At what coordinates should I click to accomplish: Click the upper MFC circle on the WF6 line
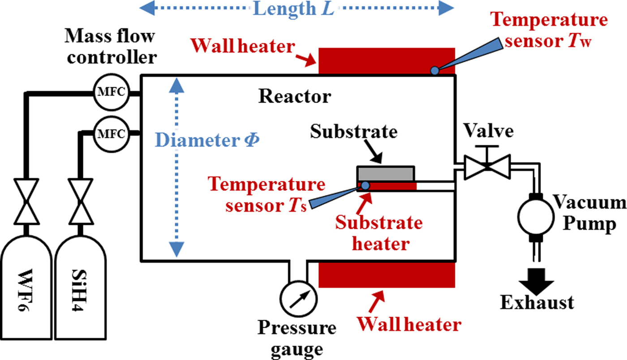(110, 93)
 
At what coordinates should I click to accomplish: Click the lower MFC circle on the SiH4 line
(110, 133)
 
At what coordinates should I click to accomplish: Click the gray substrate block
(385, 174)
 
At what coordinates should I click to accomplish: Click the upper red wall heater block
(386, 60)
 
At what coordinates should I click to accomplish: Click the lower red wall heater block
(386, 274)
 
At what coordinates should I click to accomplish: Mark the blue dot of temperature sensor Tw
(434, 70)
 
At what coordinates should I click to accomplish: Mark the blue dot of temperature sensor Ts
(365, 185)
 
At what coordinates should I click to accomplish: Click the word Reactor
(295, 96)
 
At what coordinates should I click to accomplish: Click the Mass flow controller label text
(110, 47)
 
